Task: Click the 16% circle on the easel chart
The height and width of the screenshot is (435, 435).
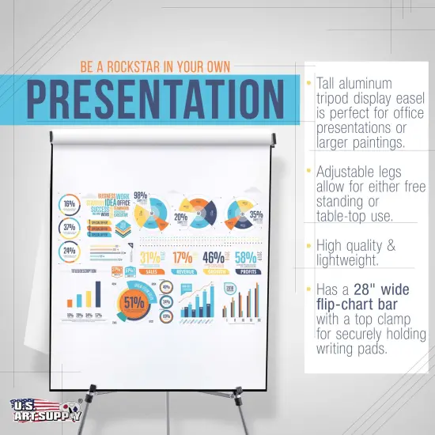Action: (70, 204)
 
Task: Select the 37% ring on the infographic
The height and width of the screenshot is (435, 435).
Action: (70, 228)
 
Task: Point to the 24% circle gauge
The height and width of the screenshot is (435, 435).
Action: (70, 252)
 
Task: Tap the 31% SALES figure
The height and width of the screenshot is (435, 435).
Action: (150, 260)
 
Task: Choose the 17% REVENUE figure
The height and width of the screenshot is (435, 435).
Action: (183, 260)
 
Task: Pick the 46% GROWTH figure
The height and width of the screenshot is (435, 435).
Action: (214, 260)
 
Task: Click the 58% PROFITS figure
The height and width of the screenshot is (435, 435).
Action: (245, 260)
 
